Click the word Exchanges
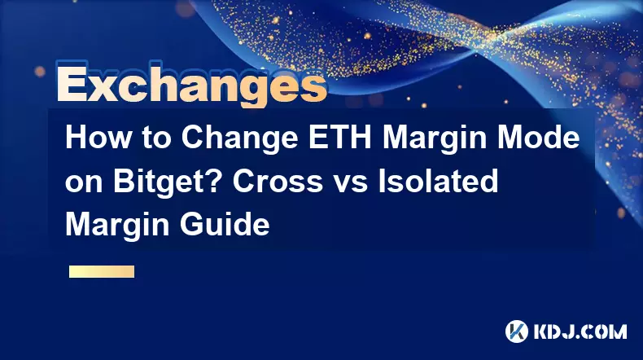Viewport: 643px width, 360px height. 191,86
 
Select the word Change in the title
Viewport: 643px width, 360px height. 240,139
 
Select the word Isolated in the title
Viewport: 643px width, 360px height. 438,181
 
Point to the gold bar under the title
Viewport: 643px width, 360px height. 102,271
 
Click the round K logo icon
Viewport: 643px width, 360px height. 517,331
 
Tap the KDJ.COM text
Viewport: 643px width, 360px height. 580,331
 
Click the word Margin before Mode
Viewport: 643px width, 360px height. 435,139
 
